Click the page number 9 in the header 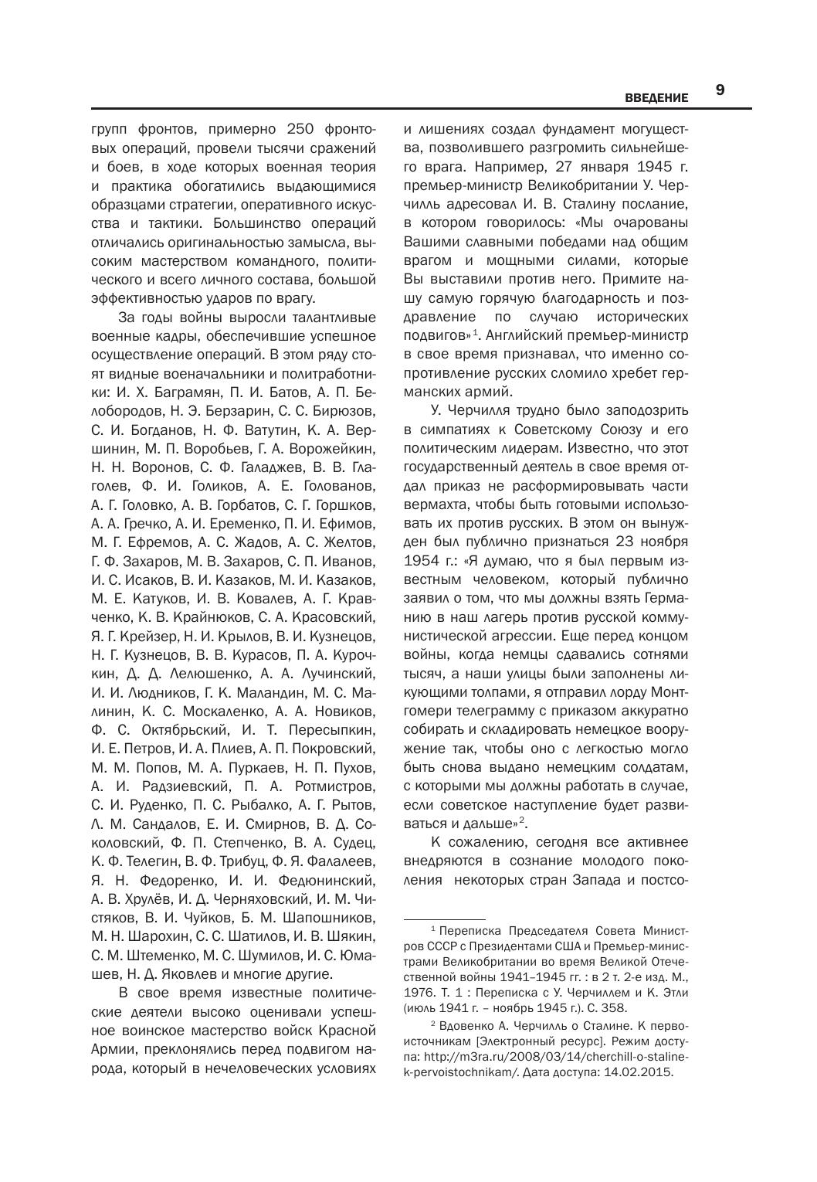click(x=720, y=90)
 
